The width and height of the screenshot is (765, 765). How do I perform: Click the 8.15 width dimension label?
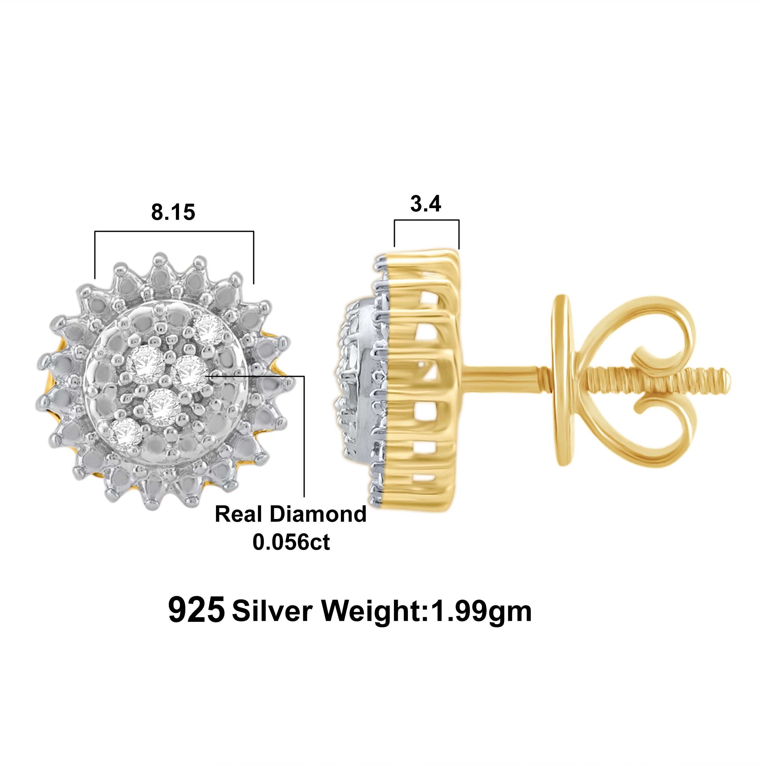click(x=173, y=212)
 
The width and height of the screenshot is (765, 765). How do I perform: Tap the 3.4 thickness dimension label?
click(x=426, y=204)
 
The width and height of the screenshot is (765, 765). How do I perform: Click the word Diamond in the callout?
click(x=318, y=514)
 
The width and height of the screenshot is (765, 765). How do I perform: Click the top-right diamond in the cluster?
click(x=210, y=330)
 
